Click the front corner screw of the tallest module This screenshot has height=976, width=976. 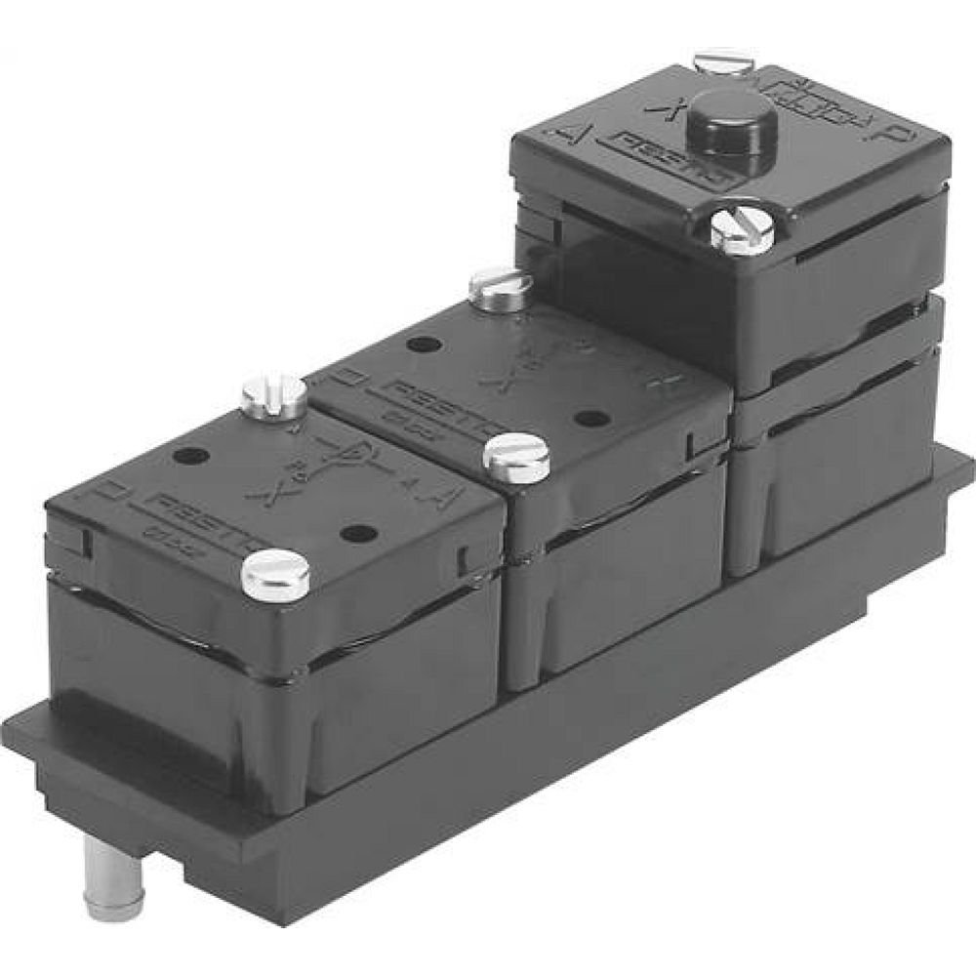coord(742,231)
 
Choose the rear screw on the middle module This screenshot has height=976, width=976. coord(500,286)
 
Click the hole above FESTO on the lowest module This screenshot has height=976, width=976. coord(191,455)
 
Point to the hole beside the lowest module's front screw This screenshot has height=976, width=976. coord(359,533)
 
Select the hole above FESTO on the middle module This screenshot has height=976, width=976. coord(422,345)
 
